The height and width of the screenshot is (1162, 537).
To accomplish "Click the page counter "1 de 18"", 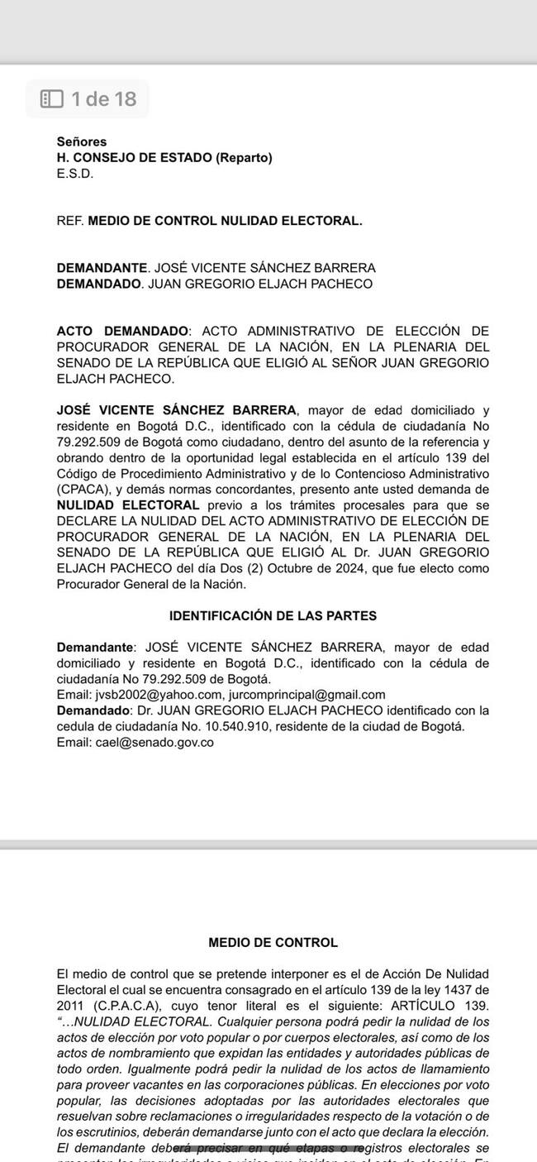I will coord(103,99).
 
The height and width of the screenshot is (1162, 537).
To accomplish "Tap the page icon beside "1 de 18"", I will coord(52,99).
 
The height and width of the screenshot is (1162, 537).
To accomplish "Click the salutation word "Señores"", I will coord(81,142).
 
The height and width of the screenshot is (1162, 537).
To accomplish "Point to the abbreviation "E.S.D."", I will coord(75,174).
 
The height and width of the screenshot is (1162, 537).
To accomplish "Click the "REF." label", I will coord(70,221).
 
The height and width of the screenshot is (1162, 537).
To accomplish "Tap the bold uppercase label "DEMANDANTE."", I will coord(102,268).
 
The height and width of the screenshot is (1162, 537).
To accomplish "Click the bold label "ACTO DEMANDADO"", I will coord(123,331).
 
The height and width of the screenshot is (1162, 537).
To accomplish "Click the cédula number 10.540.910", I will coord(224,726).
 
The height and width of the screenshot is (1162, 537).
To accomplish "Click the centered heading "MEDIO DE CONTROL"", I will coord(273,942).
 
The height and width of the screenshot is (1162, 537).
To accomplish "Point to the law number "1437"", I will coord(458,990).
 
